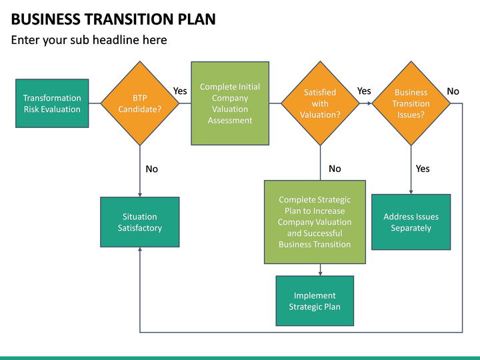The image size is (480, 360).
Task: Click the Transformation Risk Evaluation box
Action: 52,103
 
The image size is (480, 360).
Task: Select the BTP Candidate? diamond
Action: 140,103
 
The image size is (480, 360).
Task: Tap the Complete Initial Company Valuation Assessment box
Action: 230,103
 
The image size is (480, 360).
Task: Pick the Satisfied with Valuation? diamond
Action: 320,103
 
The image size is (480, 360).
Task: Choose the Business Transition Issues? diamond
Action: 411,103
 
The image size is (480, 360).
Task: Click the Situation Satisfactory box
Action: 140,222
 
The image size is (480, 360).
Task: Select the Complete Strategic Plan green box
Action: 315,222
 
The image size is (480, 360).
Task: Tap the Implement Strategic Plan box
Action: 315,301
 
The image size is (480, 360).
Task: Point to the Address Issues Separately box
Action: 411,222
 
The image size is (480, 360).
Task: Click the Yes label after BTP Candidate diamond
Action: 180,91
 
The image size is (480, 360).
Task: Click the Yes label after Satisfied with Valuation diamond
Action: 364,91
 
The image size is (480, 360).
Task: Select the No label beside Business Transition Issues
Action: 453,91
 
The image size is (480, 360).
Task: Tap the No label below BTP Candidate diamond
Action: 152,169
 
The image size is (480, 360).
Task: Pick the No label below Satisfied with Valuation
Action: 335,169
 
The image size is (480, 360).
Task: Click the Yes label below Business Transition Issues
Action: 423,169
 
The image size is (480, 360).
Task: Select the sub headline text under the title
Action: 89,40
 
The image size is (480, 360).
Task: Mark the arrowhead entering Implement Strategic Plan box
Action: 321,273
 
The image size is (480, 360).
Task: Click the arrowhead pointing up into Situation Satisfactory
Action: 140,249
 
